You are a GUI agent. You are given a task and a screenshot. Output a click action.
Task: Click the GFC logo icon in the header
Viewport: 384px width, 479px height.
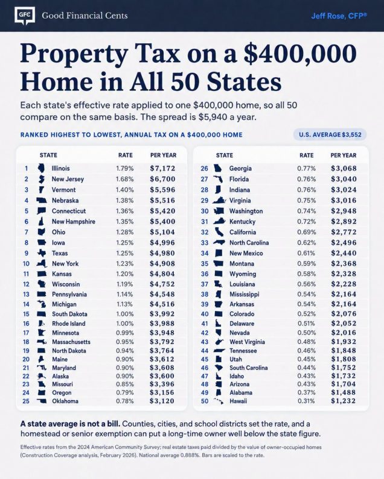(x=25, y=16)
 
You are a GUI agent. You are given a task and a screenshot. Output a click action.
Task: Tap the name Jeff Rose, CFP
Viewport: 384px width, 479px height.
(x=339, y=16)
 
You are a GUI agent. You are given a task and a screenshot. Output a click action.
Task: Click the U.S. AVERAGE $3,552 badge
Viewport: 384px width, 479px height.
(x=330, y=134)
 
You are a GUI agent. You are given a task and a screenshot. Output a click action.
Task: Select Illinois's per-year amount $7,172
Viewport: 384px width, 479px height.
(x=162, y=168)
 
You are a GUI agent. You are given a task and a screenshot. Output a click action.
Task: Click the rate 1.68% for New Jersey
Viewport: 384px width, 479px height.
(x=124, y=179)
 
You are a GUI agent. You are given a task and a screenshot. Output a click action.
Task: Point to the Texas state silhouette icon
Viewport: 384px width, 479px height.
(x=42, y=253)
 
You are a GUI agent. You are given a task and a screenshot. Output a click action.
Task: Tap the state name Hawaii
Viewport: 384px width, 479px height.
(x=238, y=401)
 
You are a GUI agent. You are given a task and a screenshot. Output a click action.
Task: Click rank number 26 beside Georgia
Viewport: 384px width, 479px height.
(x=204, y=168)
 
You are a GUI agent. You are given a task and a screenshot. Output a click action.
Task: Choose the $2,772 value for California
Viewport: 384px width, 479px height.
(x=344, y=232)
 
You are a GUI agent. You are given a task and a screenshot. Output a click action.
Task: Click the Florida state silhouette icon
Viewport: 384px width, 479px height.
(x=218, y=179)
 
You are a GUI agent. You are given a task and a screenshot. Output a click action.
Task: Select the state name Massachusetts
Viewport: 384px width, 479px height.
(x=71, y=342)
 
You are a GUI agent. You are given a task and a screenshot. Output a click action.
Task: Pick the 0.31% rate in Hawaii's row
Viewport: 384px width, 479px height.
(x=306, y=401)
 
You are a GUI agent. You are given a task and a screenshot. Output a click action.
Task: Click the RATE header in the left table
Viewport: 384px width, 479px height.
(x=126, y=155)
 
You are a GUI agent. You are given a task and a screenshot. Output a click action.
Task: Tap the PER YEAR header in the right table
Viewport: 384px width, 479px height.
(x=344, y=155)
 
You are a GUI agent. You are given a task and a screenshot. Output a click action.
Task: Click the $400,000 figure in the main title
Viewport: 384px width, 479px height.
(x=300, y=54)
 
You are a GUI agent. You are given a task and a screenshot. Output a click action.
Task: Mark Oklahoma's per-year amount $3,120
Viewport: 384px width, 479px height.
(x=162, y=401)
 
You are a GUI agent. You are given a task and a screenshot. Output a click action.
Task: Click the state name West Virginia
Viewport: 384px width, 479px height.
(x=247, y=342)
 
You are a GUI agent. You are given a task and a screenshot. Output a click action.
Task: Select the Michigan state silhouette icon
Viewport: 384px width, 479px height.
(x=42, y=304)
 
